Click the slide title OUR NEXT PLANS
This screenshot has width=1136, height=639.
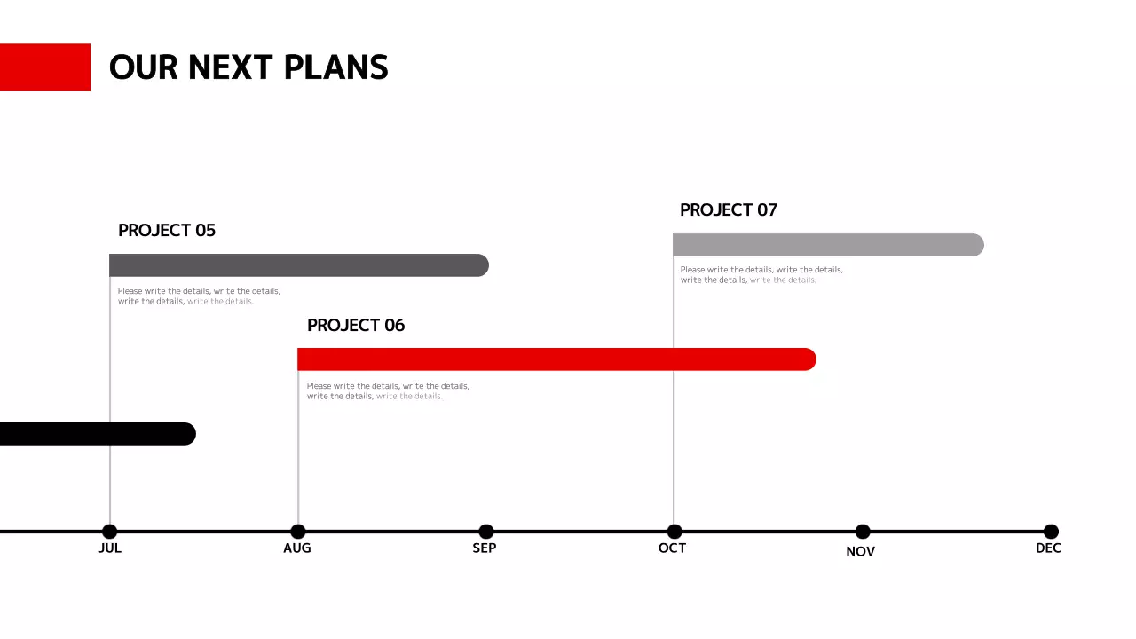click(248, 67)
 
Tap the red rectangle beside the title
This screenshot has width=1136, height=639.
click(44, 67)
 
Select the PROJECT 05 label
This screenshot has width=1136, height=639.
click(167, 231)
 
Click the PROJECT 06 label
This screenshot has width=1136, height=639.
click(356, 326)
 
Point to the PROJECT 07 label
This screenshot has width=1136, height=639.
click(729, 210)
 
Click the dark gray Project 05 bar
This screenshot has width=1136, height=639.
click(298, 265)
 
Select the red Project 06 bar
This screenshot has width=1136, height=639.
click(556, 359)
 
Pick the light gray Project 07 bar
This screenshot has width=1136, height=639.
click(828, 245)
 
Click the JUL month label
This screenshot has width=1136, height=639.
click(109, 548)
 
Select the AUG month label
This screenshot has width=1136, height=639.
click(297, 548)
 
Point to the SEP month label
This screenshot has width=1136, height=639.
click(485, 548)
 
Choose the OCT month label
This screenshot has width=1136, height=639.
click(673, 548)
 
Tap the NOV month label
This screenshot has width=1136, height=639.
click(861, 551)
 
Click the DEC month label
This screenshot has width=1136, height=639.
click(1048, 548)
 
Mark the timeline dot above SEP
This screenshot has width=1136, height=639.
click(486, 532)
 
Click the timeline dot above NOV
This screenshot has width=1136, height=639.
click(863, 532)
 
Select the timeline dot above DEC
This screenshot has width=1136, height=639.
click(1051, 532)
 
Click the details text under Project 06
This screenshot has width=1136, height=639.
click(388, 391)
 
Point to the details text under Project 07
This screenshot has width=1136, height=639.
click(761, 275)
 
